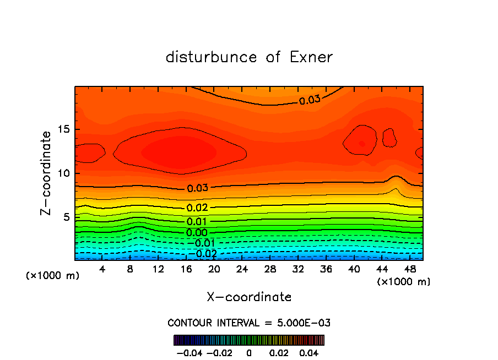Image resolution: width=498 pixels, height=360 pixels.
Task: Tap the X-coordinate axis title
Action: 249,297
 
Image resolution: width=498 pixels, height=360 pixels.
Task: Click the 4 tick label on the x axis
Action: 102,269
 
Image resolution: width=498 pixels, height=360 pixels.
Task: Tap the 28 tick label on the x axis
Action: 270,269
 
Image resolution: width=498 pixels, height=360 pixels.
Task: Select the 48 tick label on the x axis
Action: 409,269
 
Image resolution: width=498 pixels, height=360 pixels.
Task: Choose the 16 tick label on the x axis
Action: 186,269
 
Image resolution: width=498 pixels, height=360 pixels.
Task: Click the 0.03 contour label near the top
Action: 309,100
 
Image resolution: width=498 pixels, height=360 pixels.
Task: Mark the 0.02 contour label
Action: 197,208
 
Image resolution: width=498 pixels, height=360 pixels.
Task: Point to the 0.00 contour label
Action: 197,233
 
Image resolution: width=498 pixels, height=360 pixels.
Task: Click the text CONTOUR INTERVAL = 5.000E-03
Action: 249,323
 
